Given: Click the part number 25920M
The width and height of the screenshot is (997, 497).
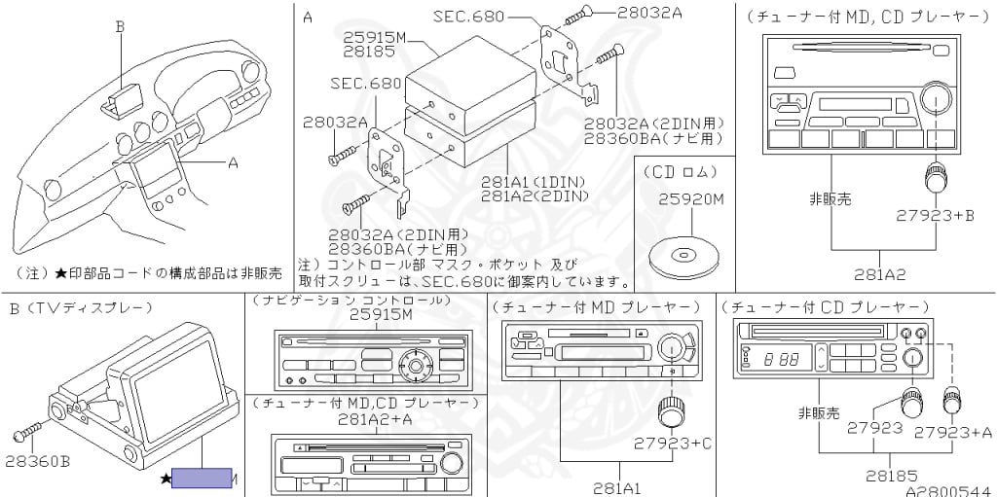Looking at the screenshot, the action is [691, 198].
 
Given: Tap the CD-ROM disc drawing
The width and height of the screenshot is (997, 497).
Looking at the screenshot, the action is [684, 257].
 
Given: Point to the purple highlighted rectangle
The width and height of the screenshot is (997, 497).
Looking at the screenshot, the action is [202, 479].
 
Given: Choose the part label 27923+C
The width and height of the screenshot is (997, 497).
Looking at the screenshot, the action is [673, 444].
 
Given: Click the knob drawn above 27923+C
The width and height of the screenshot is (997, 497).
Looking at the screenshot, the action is [669, 410].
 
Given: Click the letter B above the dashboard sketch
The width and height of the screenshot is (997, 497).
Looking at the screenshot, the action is [120, 27].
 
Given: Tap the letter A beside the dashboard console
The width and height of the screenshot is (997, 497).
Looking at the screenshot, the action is [233, 162].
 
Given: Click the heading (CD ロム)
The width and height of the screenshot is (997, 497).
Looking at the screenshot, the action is [680, 172].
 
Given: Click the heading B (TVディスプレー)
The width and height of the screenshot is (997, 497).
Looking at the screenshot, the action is [81, 308].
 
